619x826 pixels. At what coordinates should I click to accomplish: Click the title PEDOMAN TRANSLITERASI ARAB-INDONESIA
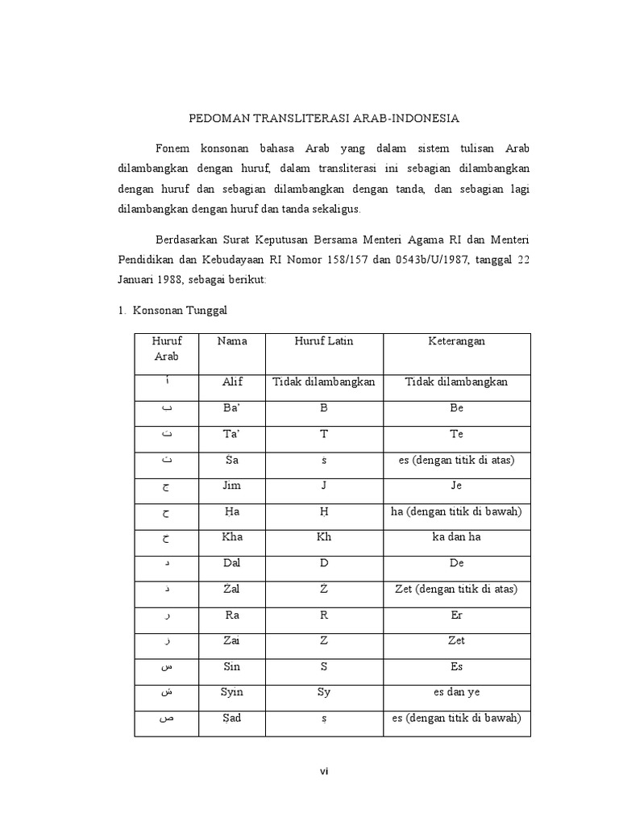coord(323,118)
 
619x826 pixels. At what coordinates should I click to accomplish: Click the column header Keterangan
coord(456,341)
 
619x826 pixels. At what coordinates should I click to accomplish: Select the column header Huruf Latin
coord(323,341)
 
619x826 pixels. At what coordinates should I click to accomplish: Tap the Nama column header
coord(232,341)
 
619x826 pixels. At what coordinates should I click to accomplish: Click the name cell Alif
coord(232,382)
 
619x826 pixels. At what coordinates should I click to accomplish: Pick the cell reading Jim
coord(232,486)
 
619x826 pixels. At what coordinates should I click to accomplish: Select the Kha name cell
coord(232,537)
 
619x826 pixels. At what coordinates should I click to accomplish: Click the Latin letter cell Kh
coord(323,537)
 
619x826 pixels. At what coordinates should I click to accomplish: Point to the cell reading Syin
coord(232,692)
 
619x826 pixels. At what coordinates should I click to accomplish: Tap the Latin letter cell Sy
coord(323,692)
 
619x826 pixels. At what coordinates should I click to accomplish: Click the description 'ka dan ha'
coord(456,537)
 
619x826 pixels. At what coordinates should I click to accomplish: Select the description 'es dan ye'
coord(456,692)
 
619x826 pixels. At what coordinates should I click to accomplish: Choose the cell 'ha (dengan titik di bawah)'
coord(456,511)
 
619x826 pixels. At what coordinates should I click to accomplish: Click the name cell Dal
coord(232,563)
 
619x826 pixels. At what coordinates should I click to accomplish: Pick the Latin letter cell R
coord(323,615)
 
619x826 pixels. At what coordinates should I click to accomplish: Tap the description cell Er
coord(456,615)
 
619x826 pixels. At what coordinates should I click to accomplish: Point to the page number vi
coord(323,771)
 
